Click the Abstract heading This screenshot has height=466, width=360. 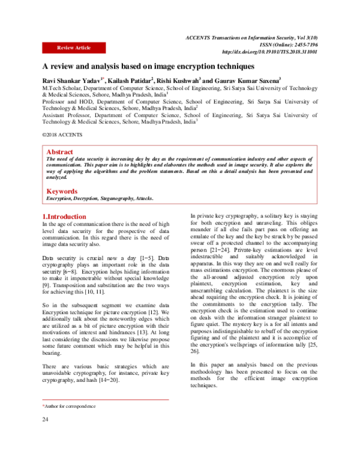coord(59,153)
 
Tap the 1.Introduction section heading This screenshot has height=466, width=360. coord(64,216)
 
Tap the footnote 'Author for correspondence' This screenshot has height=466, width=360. coord(70,407)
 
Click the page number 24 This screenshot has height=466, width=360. coord(45,419)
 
